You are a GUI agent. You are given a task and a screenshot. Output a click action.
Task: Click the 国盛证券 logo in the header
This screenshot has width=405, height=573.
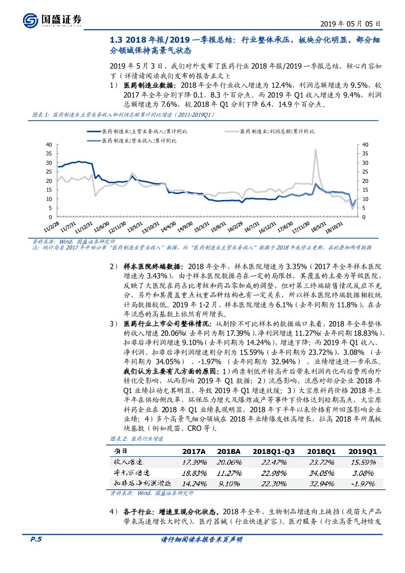click(52, 20)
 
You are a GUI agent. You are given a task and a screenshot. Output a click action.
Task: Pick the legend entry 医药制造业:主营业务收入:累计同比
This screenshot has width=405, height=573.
click(138, 131)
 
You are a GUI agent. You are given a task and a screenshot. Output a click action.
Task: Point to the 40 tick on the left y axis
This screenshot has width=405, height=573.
click(48, 145)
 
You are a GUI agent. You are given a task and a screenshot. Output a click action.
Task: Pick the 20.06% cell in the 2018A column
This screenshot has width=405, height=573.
click(228, 462)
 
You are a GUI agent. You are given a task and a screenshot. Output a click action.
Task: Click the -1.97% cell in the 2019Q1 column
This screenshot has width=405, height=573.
click(361, 483)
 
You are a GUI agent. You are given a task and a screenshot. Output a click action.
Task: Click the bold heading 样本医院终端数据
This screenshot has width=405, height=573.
click(152, 267)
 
